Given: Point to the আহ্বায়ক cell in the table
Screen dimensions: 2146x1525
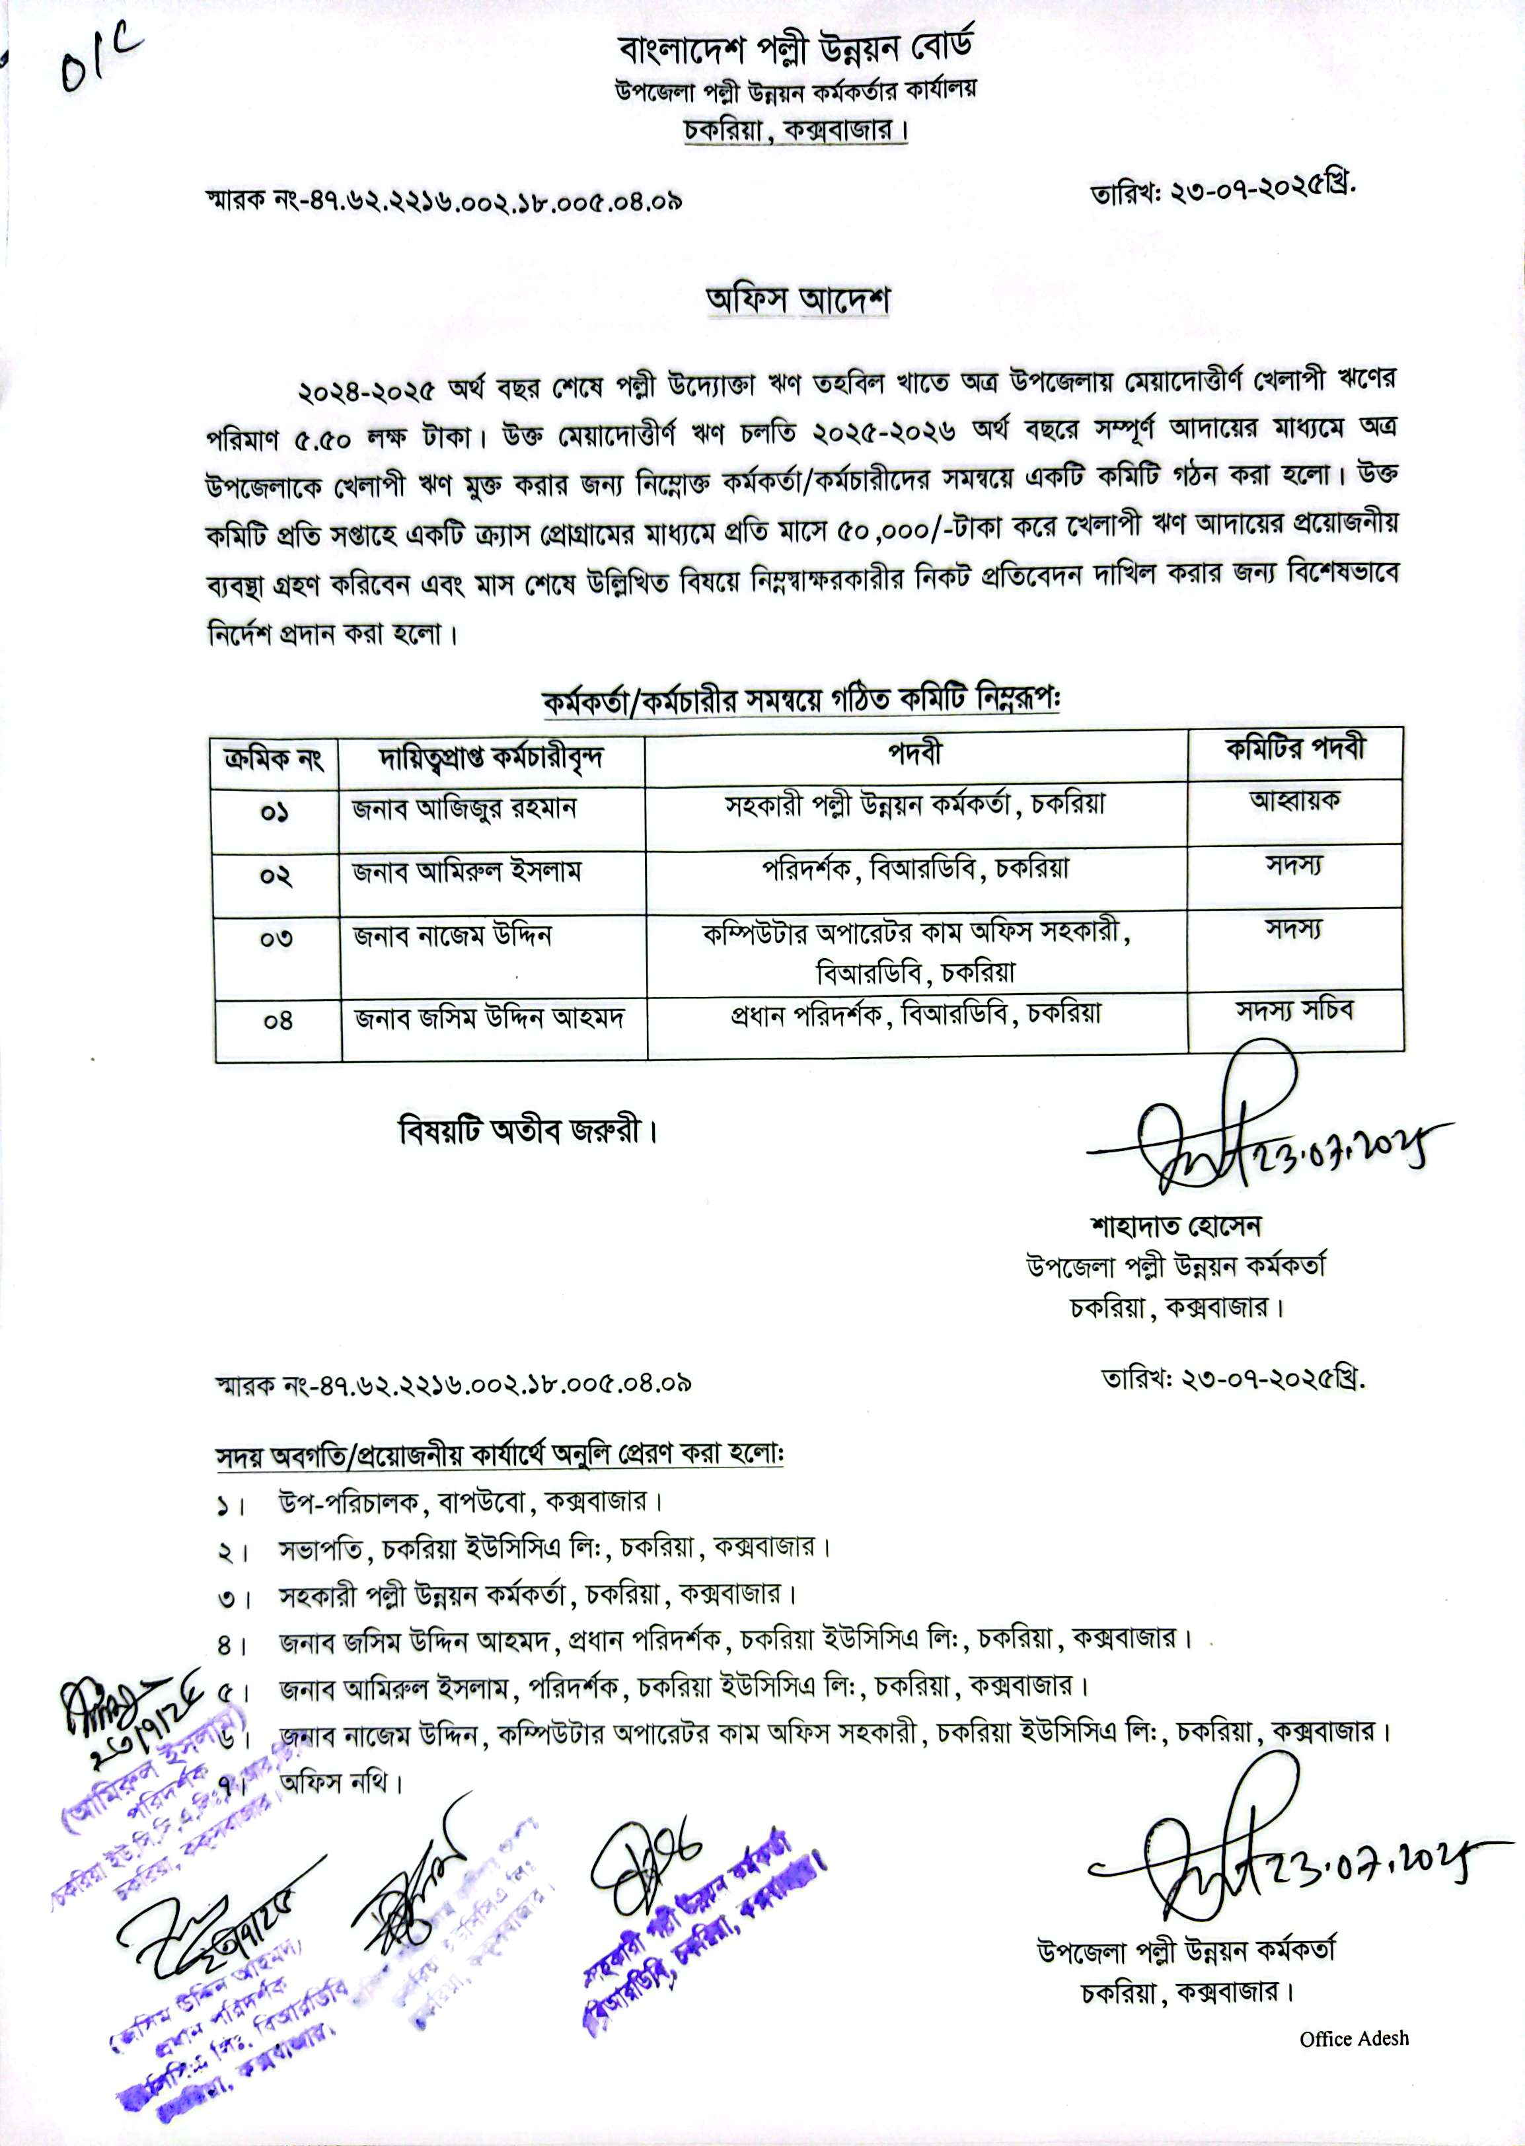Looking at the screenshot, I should (1295, 801).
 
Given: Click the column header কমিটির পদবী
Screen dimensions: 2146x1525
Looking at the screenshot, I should (1295, 749).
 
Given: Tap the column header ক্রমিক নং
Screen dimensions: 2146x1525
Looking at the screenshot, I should (274, 758).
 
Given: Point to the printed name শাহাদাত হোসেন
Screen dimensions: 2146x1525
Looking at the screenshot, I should (1173, 1225).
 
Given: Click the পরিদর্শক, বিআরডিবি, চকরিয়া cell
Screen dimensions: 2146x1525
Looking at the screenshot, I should (916, 870).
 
